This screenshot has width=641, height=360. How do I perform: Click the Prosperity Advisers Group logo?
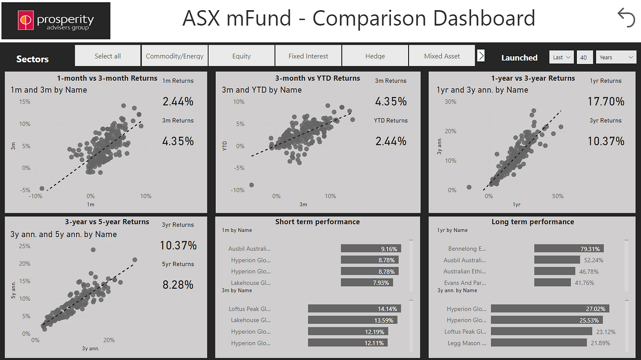(x=56, y=21)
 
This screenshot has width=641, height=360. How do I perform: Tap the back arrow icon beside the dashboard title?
(x=626, y=18)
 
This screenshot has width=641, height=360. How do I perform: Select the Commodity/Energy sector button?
(x=175, y=56)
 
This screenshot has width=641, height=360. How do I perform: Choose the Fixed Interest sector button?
(x=308, y=56)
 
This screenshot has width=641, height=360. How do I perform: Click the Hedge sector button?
(x=375, y=56)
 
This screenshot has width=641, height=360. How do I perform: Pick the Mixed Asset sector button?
(x=442, y=56)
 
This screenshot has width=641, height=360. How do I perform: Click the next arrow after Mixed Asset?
(x=481, y=56)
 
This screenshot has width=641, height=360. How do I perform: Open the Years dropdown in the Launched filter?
(x=616, y=57)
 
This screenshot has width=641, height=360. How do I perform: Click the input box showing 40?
(x=584, y=57)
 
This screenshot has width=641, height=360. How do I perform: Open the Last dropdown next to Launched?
(x=561, y=57)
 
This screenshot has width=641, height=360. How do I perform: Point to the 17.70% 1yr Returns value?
(x=606, y=101)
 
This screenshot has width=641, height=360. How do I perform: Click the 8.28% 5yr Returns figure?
(x=178, y=285)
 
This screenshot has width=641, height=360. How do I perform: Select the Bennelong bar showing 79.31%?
(x=569, y=248)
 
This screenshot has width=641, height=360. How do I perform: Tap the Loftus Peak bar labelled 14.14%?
(x=355, y=309)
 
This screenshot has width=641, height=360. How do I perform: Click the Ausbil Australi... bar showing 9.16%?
(x=371, y=248)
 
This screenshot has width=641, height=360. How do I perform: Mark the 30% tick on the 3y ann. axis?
(x=450, y=101)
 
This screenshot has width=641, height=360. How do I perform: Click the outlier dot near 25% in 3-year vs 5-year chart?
(x=93, y=250)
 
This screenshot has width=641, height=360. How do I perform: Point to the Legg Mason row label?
(x=467, y=343)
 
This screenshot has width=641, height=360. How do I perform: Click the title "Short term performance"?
(x=317, y=222)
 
